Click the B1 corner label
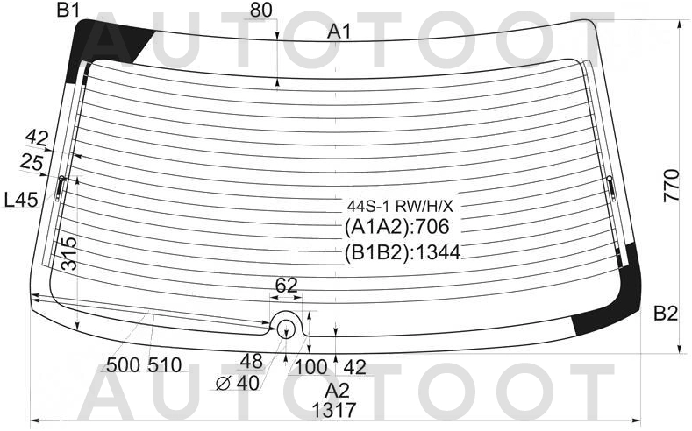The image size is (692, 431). pos(68,10)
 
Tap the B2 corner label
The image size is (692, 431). pos(665,314)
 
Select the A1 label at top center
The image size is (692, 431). pos(339,32)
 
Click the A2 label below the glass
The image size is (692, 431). pos(338,391)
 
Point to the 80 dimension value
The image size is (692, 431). pos(260,11)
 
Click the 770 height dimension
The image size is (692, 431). pos(671,186)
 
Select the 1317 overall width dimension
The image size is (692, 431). pos(333,410)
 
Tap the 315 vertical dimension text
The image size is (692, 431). pos(68,254)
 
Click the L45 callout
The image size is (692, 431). pos(21,201)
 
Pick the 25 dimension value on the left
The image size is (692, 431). pos(32,163)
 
